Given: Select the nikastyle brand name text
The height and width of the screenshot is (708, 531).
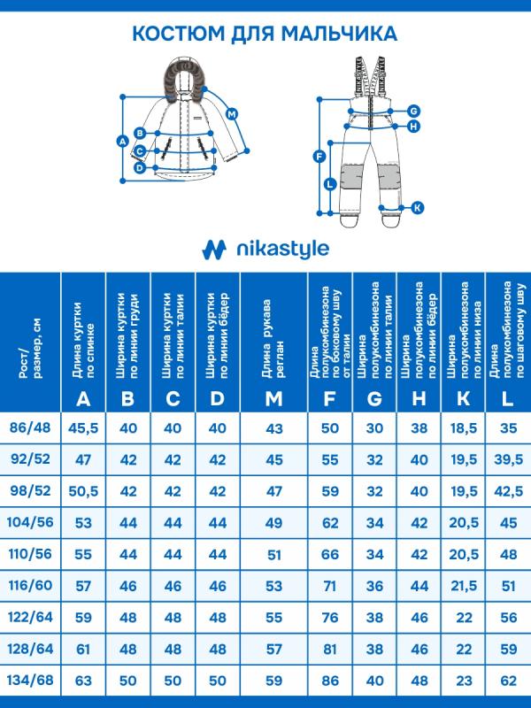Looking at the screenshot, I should pyautogui.click(x=281, y=249).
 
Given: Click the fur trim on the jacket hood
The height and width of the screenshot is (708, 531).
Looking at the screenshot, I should pyautogui.click(x=181, y=72).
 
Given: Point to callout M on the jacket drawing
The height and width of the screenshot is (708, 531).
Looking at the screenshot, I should pyautogui.click(x=232, y=114).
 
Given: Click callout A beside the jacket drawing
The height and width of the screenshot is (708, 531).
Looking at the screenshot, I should pyautogui.click(x=123, y=141).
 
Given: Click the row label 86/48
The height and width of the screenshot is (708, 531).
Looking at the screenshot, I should pyautogui.click(x=30, y=427).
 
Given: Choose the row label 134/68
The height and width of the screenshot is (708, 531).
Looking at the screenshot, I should pyautogui.click(x=30, y=681).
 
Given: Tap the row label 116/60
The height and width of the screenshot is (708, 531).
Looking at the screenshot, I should pyautogui.click(x=30, y=586).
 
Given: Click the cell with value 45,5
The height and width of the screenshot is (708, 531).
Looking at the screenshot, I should pyautogui.click(x=83, y=427).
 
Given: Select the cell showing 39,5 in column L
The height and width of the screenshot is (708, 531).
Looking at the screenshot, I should pyautogui.click(x=507, y=459).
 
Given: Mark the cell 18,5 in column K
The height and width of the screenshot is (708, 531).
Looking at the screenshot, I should pyautogui.click(x=463, y=427).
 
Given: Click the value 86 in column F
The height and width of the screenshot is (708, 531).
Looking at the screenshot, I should pyautogui.click(x=330, y=681).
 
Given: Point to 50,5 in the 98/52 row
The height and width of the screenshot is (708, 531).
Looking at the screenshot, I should pyautogui.click(x=83, y=491).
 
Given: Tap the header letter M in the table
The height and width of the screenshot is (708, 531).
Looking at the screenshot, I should pyautogui.click(x=273, y=398).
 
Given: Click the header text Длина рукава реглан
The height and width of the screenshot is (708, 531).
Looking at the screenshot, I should pyautogui.click(x=273, y=332).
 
